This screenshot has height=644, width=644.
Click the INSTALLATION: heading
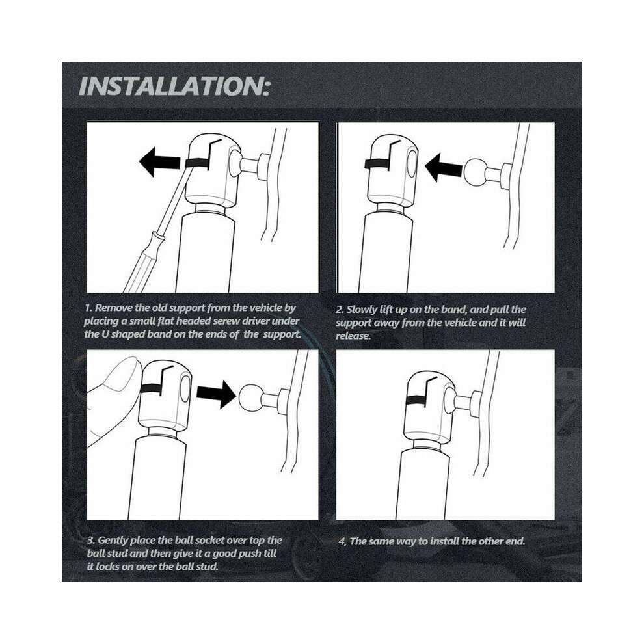pos(174,86)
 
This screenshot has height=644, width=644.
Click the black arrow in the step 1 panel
pos(159,162)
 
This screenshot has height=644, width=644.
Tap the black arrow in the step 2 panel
pos(444,168)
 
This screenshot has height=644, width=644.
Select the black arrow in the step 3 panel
pos(216,394)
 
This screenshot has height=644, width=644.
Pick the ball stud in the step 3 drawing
pos(250,397)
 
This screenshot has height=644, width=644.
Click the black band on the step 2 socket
pos(377,164)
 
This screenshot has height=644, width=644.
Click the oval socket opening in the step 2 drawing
pos(412,163)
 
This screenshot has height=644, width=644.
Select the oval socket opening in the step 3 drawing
pos(185,388)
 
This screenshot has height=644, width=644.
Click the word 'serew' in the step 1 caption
pos(226,321)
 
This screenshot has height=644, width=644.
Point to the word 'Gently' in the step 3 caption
pos(113,541)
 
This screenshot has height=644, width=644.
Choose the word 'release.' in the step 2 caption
pos(353,336)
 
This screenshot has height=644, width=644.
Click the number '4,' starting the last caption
pos(343,541)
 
